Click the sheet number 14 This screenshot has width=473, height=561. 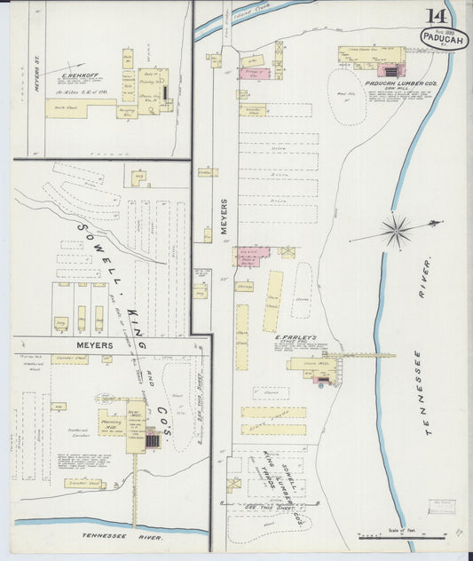(436, 16)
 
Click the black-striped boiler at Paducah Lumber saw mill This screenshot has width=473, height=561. (390, 70)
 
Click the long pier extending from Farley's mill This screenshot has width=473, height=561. (364, 357)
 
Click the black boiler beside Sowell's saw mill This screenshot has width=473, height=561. (153, 439)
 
